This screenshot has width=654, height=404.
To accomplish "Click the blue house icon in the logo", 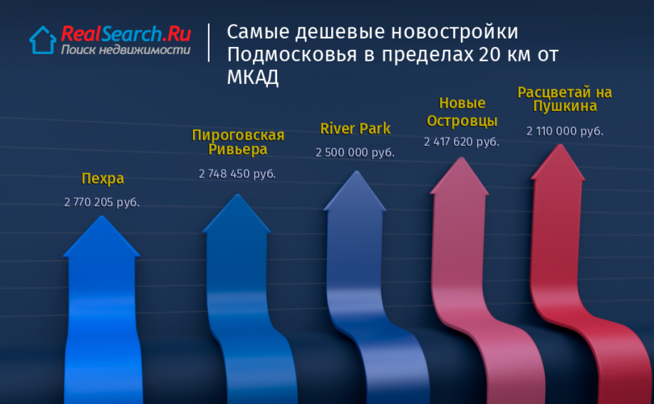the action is coord(43,40).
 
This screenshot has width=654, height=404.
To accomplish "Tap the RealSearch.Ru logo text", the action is coord(126,33).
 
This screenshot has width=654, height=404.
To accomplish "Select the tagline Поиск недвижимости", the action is coord(125,50).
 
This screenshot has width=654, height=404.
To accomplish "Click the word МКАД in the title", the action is coord(253,77).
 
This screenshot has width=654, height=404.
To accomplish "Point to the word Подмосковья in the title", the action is coord(292,55).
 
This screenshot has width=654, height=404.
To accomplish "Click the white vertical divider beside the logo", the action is coord(209,43).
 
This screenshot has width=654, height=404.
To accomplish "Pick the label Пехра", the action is coord(103,179).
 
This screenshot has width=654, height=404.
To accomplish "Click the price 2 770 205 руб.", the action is coord(102,202).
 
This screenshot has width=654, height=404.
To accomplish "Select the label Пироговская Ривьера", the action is coord(238,142).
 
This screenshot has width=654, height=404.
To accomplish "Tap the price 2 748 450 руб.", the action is coord(237,174).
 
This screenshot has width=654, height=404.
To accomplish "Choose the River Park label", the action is coord(355,128).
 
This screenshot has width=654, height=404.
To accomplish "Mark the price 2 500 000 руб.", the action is coord(355,152).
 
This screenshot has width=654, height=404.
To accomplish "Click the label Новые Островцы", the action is coord(462,112).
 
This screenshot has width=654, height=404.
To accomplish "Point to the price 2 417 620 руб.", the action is coord(462,142).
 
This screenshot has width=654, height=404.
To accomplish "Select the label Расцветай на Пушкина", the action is coord(565,99).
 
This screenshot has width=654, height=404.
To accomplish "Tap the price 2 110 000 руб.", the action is coord(565,131).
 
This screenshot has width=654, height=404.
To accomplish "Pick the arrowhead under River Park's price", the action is coord(355,191).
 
